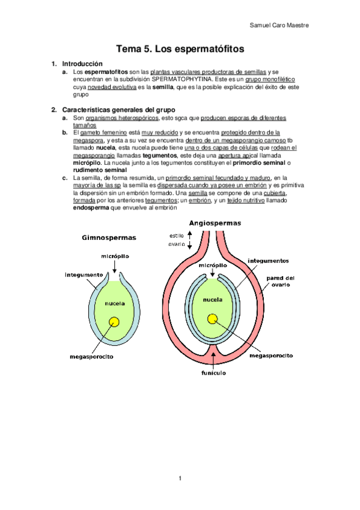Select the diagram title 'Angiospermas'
coord(215,223)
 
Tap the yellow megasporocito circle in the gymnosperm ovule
coord(114,322)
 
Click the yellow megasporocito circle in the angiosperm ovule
coord(212,319)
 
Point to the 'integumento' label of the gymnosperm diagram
coord(84,275)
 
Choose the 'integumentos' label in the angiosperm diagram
coord(268,260)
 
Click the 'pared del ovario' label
coord(281,281)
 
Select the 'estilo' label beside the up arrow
coord(177,235)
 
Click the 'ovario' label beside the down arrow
coord(177,244)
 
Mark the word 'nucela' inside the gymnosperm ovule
coord(114,304)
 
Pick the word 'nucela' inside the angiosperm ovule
coord(213,299)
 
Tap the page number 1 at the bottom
coord(180,478)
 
